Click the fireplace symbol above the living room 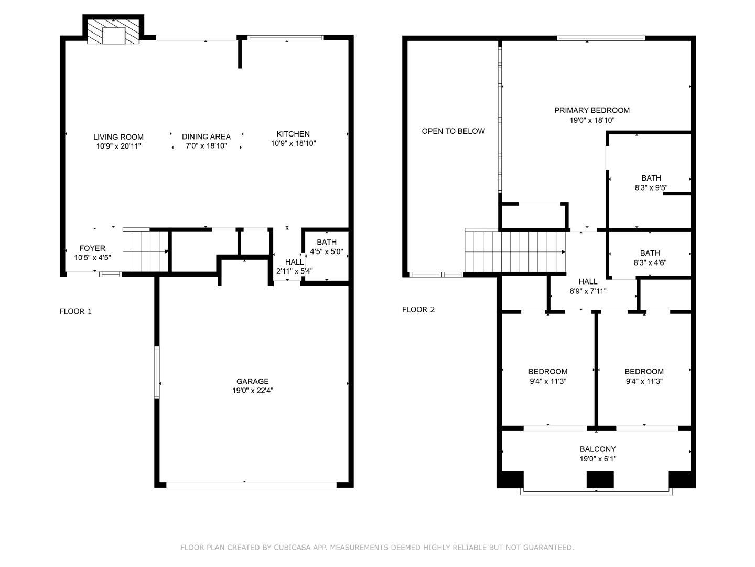click(114, 33)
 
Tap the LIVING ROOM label click(118, 137)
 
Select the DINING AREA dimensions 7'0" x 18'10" click(206, 146)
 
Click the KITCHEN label click(293, 134)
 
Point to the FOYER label click(92, 248)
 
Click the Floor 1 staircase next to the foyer click(145, 251)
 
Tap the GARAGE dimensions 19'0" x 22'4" click(252, 391)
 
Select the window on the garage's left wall click(157, 372)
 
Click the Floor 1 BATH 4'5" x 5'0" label click(326, 243)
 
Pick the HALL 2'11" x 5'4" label click(294, 262)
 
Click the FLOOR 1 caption click(75, 311)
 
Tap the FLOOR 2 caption click(418, 310)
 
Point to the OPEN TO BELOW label click(453, 131)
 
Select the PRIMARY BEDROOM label click(592, 110)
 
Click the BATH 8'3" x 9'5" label click(651, 178)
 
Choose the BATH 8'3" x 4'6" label click(650, 253)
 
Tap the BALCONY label click(598, 449)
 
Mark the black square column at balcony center click(600, 480)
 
